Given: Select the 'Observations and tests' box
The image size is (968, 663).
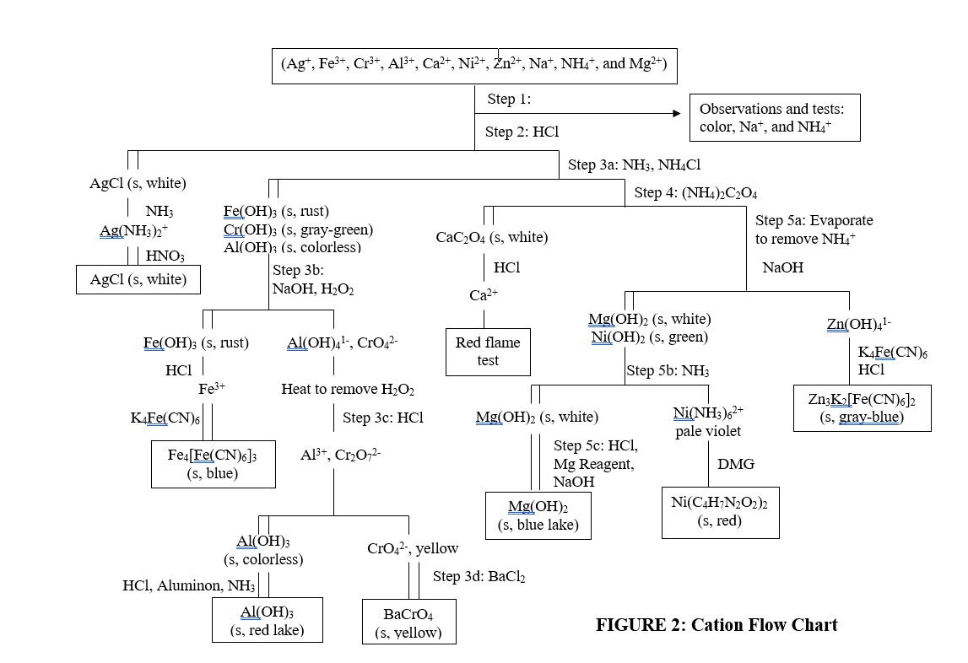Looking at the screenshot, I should (775, 117).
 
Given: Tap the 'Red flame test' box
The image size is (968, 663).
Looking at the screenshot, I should (488, 352).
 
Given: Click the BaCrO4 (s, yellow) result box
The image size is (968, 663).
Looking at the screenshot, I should (408, 623).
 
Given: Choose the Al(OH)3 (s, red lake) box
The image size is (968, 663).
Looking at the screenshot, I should (267, 620).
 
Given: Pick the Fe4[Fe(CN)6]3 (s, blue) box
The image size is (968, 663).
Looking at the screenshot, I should (213, 464).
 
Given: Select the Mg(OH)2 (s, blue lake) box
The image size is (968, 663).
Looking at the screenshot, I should (538, 515).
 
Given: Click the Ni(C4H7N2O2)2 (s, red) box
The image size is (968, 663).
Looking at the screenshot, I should (720, 512).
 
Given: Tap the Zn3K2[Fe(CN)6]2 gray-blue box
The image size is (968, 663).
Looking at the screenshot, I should (862, 407).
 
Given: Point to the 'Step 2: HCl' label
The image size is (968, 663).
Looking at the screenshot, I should (522, 132).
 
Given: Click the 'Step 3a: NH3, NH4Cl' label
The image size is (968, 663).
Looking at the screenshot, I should (634, 165).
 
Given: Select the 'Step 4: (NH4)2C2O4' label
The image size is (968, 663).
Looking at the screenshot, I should (695, 193).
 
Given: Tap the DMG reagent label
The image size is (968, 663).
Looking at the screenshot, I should (736, 464).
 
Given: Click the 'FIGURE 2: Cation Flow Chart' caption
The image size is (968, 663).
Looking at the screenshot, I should (717, 625).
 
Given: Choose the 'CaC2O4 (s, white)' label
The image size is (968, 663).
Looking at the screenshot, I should (491, 238).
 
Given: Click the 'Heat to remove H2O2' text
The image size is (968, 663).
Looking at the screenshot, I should (348, 390).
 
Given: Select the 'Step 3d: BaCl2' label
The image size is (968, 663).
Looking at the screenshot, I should (479, 577).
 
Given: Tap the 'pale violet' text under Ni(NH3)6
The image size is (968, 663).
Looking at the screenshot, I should (708, 431).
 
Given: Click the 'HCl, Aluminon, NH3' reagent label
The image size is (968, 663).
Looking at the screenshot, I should (188, 585).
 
